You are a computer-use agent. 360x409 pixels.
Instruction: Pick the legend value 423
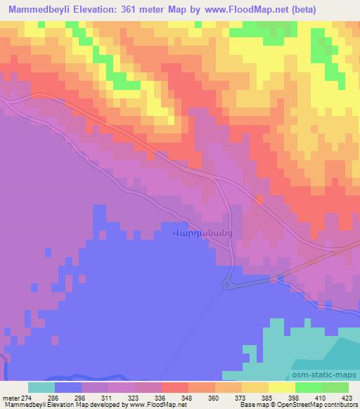click(x=347, y=397)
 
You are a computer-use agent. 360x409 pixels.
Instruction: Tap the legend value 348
click(x=188, y=397)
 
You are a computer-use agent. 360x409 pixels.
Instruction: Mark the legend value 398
click(x=294, y=397)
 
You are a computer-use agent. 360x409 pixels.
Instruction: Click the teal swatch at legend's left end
click(x=41, y=387)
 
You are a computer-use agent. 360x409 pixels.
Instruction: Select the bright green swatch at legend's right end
click(x=335, y=387)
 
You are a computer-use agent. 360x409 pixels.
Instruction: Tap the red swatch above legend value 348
click(x=174, y=387)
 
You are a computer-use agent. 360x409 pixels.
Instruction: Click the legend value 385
click(x=267, y=397)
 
